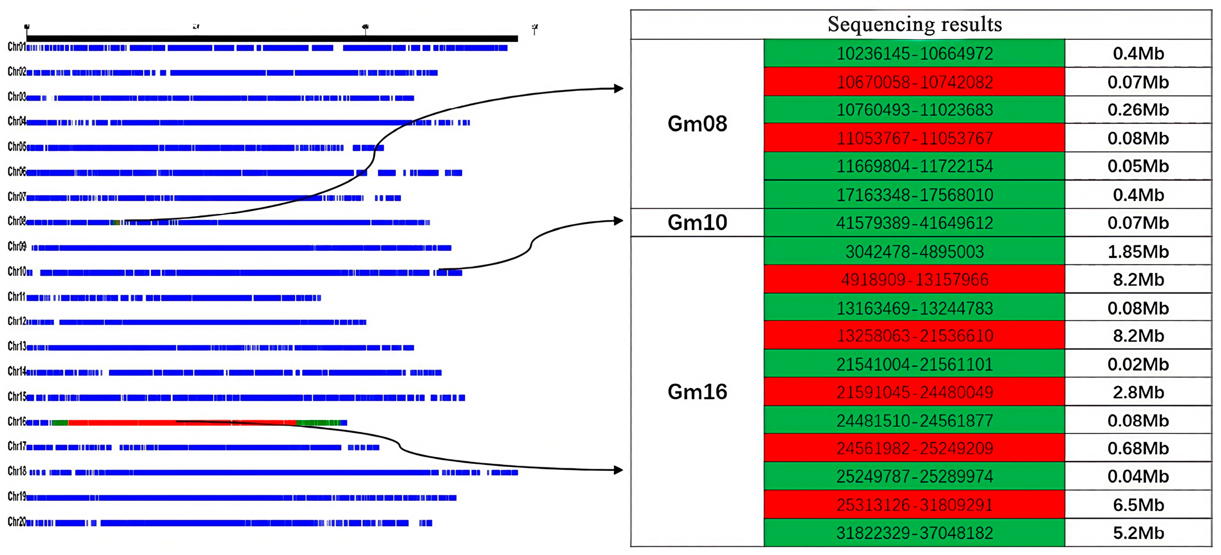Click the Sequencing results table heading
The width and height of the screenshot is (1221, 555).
914,24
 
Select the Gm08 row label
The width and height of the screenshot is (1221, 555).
697,124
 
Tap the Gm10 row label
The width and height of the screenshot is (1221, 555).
697,223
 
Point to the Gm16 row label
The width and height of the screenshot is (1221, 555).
697,392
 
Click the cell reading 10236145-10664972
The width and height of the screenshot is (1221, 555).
914,54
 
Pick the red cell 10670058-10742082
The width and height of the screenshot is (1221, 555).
914,82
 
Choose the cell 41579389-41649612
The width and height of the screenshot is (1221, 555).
914,223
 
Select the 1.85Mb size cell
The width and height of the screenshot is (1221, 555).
1138,252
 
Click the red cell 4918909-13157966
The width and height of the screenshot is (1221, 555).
914,280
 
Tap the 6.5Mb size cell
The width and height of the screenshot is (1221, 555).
1138,505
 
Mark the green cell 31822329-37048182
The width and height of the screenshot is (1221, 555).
914,533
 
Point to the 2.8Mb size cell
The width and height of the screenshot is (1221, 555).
1138,392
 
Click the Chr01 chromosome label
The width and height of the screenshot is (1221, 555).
17,47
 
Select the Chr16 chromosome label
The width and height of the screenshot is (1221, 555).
17,422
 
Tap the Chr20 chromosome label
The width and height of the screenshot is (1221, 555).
17,522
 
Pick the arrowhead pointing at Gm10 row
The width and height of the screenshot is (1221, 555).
618,221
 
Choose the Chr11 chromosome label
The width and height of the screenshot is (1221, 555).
17,297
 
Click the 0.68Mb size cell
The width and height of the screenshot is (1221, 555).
1138,448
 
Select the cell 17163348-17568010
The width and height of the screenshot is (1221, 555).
914,195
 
